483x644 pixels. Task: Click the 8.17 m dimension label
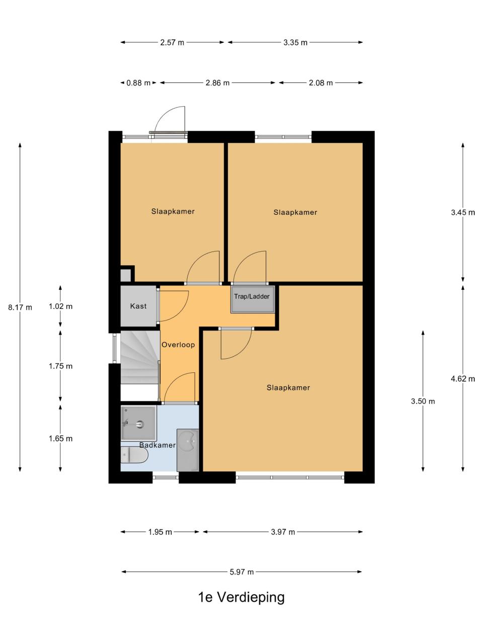pos(20,307)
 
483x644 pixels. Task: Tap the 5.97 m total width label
pos(242,572)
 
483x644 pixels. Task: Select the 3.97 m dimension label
pos(283,532)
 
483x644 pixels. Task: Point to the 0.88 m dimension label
pos(138,83)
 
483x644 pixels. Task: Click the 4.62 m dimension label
pos(463,379)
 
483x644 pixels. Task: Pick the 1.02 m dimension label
pos(60,306)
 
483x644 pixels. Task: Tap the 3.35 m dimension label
pos(295,43)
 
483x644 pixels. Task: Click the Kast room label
pos(138,306)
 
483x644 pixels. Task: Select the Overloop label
pos(178,345)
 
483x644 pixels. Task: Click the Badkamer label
pos(157,445)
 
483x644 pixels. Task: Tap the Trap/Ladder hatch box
pos(253,299)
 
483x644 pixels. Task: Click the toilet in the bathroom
pos(134,455)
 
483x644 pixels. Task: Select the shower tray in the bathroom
pos(138,423)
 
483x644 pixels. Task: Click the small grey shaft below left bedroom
pos(125,276)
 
